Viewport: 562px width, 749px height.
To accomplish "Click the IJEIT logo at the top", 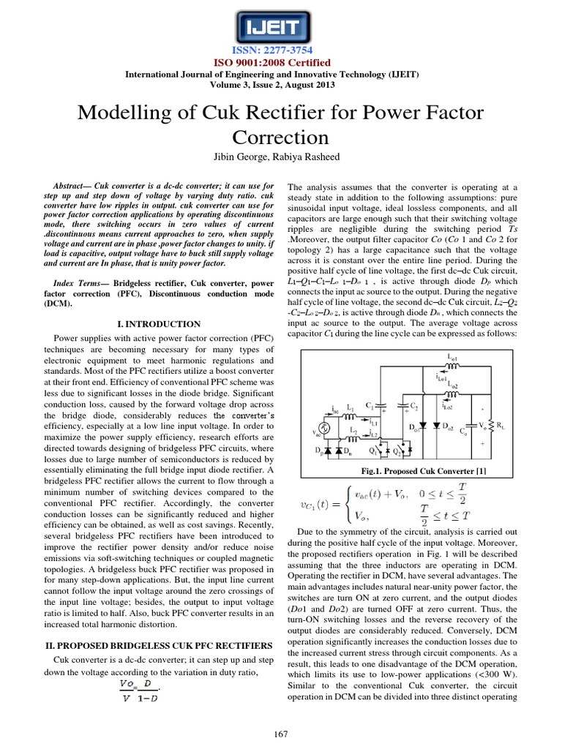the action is coord(281,28).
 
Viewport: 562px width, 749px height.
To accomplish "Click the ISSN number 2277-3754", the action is coord(281,52).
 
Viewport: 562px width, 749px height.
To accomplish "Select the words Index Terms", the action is coord(80,282).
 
